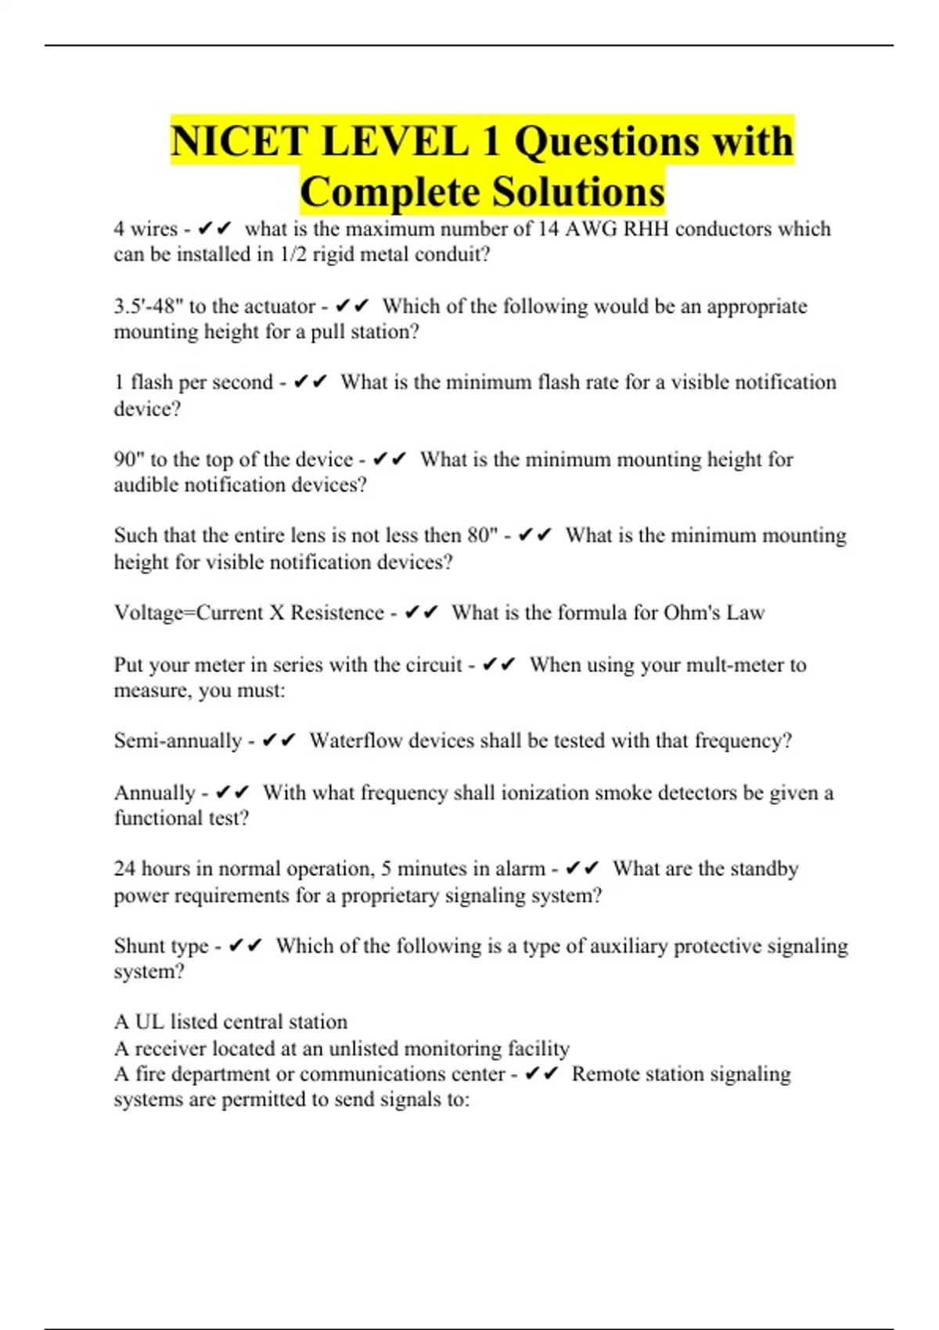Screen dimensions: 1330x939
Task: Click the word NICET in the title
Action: tap(238, 142)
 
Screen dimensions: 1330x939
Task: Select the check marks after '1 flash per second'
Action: tap(311, 383)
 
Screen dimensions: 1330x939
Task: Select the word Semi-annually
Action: tap(178, 741)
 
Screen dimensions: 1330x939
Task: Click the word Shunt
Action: tap(141, 946)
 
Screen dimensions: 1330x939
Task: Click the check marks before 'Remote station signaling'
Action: tap(541, 1074)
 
